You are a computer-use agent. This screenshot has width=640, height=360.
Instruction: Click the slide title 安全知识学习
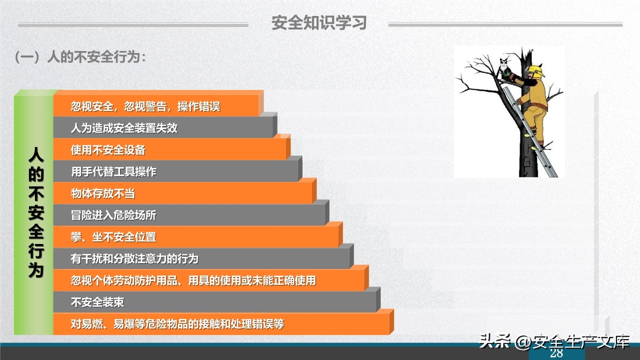click(x=319, y=23)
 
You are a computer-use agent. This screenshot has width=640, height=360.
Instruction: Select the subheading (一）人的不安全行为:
click(x=80, y=57)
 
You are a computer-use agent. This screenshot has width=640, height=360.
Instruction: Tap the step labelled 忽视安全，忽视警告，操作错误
click(x=145, y=106)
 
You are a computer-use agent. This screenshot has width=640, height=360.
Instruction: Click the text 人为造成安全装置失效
click(x=124, y=128)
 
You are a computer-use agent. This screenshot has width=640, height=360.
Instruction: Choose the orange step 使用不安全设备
click(x=108, y=150)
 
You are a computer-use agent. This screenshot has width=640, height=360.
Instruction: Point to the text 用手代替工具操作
click(x=113, y=172)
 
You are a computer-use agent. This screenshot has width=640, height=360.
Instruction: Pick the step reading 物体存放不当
click(x=102, y=193)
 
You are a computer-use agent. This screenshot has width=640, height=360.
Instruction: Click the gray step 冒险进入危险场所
click(x=113, y=215)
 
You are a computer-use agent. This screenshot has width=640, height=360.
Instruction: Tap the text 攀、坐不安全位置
click(x=113, y=237)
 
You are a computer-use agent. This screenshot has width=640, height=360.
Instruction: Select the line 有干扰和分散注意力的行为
click(x=134, y=259)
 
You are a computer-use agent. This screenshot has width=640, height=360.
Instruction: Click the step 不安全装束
click(x=97, y=302)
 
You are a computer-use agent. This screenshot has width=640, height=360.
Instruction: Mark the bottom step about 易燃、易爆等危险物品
click(x=177, y=324)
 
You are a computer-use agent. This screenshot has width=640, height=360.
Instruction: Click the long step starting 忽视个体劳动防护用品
click(x=193, y=280)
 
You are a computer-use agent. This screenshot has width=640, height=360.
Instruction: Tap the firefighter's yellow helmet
click(x=535, y=70)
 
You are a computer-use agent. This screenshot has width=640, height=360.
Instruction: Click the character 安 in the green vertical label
click(x=35, y=212)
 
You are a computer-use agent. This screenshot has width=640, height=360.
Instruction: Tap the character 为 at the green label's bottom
click(x=35, y=270)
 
